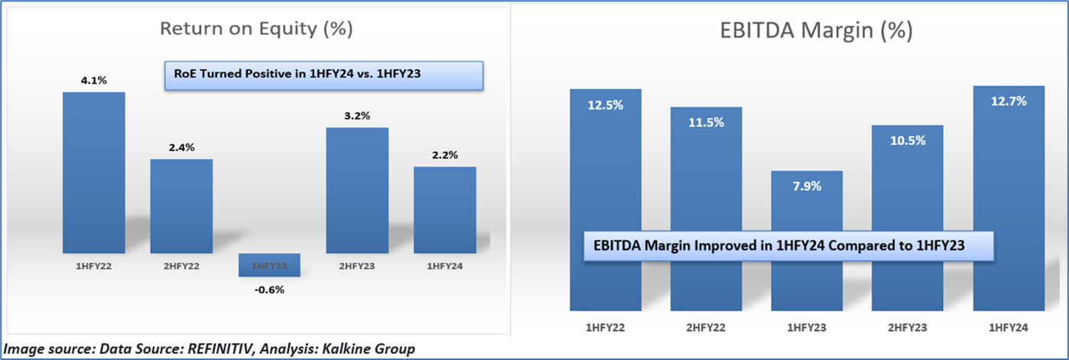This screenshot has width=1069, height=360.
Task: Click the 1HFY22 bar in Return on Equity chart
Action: pyautogui.click(x=93, y=172)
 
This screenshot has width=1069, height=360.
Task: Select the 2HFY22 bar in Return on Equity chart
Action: pyautogui.click(x=181, y=206)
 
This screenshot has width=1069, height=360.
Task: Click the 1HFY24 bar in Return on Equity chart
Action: pyautogui.click(x=445, y=209)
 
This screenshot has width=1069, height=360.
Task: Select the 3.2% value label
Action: pyautogui.click(x=357, y=115)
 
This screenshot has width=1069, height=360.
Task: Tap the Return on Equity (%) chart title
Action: pyautogui.click(x=255, y=29)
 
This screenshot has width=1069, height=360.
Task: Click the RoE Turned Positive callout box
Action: pyautogui.click(x=324, y=76)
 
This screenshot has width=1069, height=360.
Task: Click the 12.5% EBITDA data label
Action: pyautogui.click(x=605, y=105)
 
